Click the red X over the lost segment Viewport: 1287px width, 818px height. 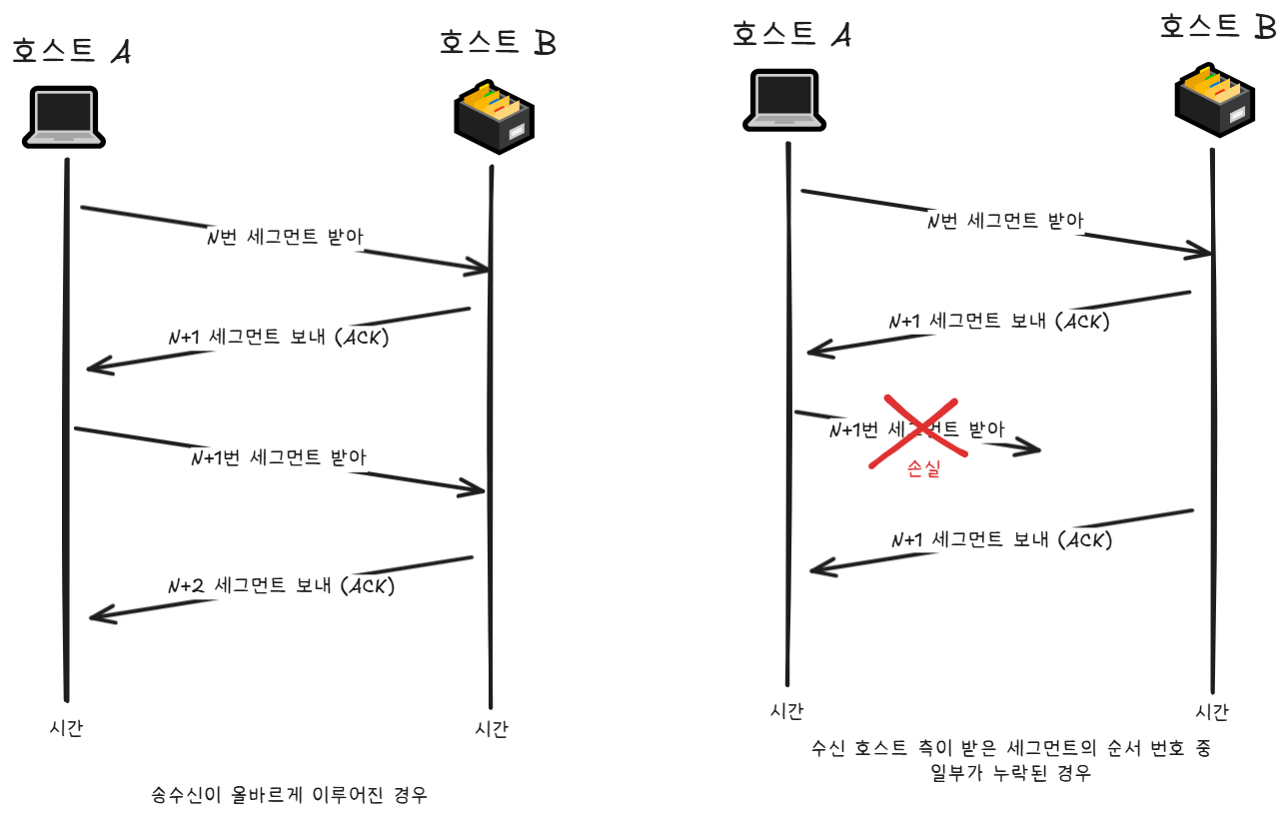click(912, 431)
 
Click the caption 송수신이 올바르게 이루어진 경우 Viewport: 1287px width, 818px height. click(289, 795)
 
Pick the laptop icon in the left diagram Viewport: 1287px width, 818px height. click(63, 118)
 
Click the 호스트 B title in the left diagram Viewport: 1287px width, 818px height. click(497, 43)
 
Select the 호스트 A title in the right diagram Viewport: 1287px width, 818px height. click(791, 34)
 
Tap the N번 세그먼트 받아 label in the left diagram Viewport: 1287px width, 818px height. click(284, 238)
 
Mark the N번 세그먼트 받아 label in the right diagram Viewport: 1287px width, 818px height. click(1004, 221)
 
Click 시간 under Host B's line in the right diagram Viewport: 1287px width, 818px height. click(1212, 712)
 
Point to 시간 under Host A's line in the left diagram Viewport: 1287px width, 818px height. click(66, 728)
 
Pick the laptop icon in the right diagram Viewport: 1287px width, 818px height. click(784, 100)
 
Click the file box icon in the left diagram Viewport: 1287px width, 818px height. click(495, 116)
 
